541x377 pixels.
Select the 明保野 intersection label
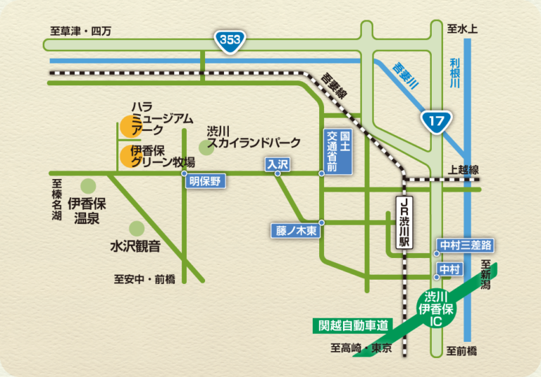click(x=205, y=181)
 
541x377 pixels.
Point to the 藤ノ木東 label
click(x=295, y=230)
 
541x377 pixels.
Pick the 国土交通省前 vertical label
click(x=335, y=151)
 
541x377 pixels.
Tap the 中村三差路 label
click(x=465, y=245)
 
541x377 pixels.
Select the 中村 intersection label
click(x=449, y=269)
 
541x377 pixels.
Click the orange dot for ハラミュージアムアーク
click(x=128, y=126)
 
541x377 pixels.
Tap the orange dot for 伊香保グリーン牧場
click(x=128, y=156)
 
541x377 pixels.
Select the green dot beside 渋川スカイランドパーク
click(x=206, y=147)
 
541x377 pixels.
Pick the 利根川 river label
click(x=455, y=73)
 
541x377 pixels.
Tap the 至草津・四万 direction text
click(x=81, y=31)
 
